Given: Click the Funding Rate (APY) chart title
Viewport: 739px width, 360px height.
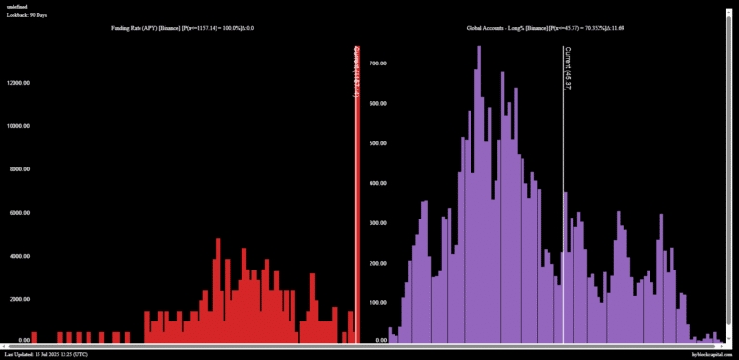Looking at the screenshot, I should click(184, 29).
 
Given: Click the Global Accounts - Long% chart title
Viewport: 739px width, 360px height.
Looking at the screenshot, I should click(545, 29).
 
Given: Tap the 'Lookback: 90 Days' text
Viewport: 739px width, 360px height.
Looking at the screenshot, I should click(28, 16).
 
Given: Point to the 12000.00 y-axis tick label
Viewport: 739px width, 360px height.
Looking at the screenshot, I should click(19, 83).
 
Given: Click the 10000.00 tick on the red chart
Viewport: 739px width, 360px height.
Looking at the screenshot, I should click(19, 125).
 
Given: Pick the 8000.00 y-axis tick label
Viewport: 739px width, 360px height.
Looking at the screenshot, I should click(20, 168).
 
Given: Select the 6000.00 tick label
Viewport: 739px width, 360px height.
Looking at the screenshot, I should click(20, 212).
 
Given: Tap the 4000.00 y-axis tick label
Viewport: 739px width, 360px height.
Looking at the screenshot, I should click(20, 255).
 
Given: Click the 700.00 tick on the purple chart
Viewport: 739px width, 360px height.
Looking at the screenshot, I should click(377, 63).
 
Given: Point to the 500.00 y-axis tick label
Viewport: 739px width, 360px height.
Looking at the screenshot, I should click(377, 143).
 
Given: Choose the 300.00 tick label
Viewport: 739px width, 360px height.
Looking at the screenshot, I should click(377, 222).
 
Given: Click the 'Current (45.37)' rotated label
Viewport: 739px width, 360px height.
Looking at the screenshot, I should click(568, 69).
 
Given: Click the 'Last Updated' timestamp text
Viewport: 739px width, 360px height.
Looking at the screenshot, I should click(46, 354).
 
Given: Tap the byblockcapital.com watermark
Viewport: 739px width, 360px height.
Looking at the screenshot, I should click(713, 354).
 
